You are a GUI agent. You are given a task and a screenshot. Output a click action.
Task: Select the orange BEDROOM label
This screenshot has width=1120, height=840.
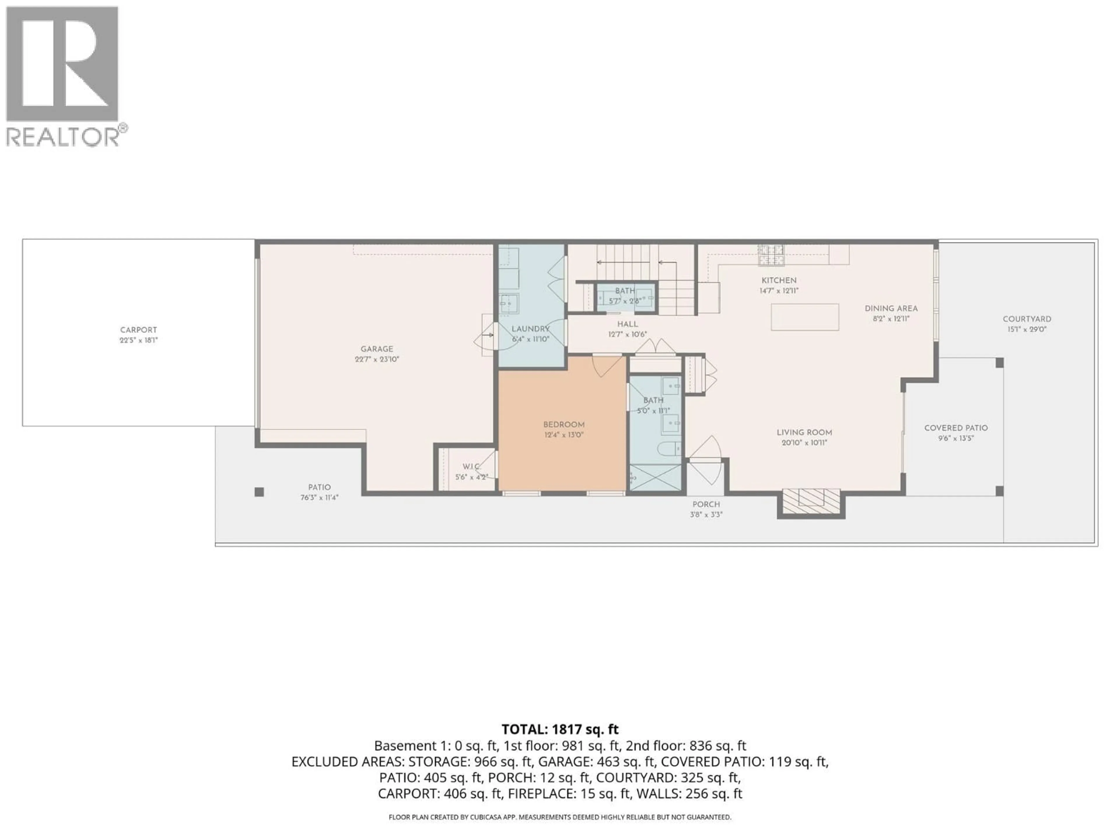tap(563, 425)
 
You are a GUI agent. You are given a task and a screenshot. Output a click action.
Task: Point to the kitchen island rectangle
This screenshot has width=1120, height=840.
tap(804, 317)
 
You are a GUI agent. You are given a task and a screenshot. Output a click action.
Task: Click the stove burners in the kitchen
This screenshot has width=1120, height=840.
tap(771, 255)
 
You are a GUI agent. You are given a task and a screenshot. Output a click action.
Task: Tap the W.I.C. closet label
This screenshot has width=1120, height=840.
tap(471, 466)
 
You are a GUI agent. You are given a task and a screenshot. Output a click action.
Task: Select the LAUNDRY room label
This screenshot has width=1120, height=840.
tap(530, 329)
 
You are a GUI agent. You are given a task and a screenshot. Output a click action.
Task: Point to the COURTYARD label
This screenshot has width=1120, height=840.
tap(1027, 319)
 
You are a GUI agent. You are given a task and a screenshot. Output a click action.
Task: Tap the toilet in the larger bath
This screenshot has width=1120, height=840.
tap(671, 448)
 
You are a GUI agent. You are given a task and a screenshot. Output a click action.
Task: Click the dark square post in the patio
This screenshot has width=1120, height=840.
tap(259, 492)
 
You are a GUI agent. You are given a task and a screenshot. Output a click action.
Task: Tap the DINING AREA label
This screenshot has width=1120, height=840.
tap(891, 308)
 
